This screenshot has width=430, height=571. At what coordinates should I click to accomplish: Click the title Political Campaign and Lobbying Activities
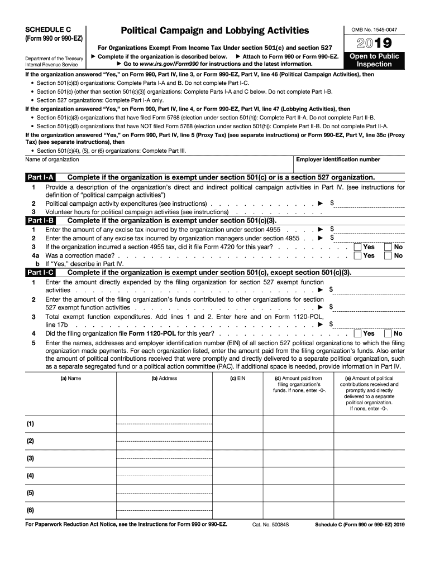211,30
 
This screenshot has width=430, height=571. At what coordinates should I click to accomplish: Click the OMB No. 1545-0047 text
374,29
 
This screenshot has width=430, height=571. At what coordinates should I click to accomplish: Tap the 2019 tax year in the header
374,43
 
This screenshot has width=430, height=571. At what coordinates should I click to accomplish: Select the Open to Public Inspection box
374,60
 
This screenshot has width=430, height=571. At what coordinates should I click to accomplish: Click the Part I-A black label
40,177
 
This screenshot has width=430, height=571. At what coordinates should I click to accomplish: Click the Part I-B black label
40,221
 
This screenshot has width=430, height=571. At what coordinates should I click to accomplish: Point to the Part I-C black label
40,273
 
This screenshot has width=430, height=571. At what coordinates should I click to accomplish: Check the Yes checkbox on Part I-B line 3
358,247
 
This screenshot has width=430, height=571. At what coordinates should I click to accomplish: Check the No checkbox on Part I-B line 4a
388,256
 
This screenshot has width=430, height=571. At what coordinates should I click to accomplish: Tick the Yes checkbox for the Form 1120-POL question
358,333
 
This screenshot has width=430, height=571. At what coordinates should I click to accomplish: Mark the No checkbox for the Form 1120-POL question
388,333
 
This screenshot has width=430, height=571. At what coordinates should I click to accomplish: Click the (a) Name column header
70,378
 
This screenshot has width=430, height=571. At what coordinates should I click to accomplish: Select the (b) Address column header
164,378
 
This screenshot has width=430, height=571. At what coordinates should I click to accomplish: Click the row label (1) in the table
30,424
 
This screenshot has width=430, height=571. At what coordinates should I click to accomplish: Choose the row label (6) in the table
30,510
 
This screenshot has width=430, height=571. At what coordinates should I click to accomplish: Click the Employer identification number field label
338,160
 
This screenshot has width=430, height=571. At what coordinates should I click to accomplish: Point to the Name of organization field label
52,160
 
